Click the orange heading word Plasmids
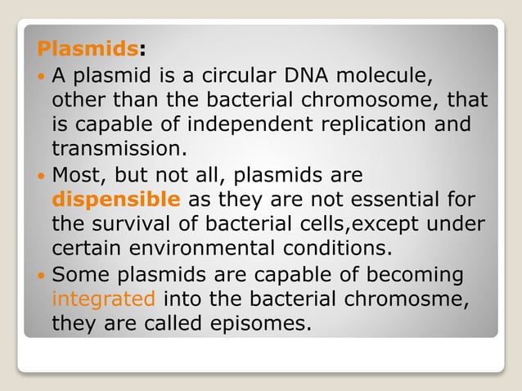[87, 48]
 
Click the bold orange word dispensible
[116, 200]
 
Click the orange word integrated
[102, 299]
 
